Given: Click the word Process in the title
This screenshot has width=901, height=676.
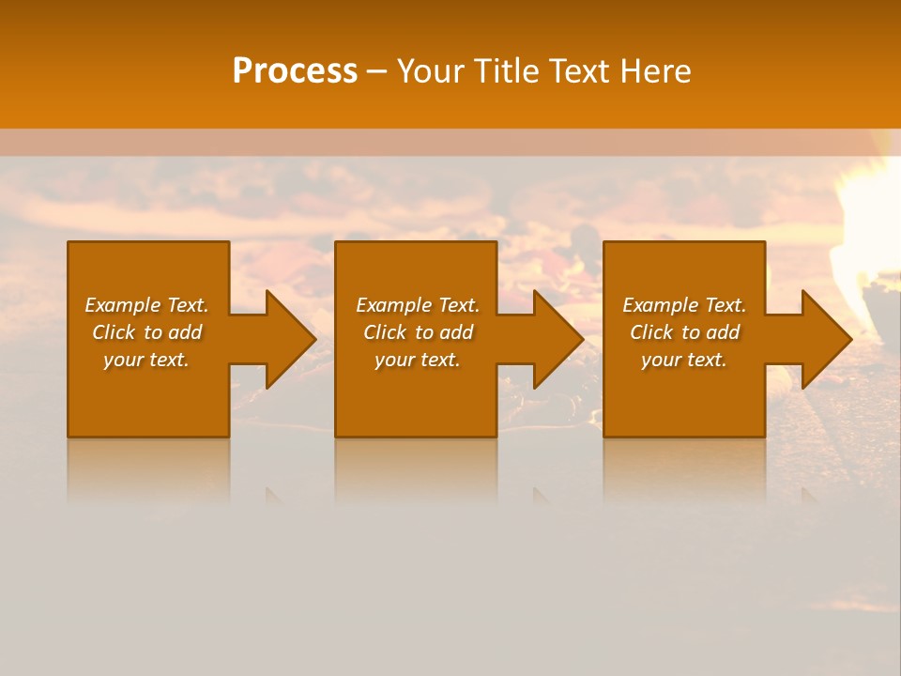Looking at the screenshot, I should tap(295, 71).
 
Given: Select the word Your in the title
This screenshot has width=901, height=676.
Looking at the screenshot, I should tap(433, 71).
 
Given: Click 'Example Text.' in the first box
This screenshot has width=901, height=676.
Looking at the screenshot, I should tap(146, 305).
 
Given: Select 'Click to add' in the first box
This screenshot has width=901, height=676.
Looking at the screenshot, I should tap(146, 332).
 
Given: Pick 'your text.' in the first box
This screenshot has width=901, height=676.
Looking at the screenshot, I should tap(146, 360).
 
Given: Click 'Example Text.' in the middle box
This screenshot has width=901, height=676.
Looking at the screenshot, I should tap(417, 305).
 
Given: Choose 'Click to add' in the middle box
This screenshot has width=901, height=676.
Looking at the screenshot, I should tap(417, 332).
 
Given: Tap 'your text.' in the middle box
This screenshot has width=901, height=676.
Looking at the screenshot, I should tap(417, 360).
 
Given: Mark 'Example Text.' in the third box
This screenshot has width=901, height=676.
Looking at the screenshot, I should tap(684, 305).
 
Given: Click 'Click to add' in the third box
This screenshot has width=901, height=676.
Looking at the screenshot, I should tap(684, 332).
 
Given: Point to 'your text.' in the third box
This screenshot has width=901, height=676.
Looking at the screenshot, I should tap(684, 360).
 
